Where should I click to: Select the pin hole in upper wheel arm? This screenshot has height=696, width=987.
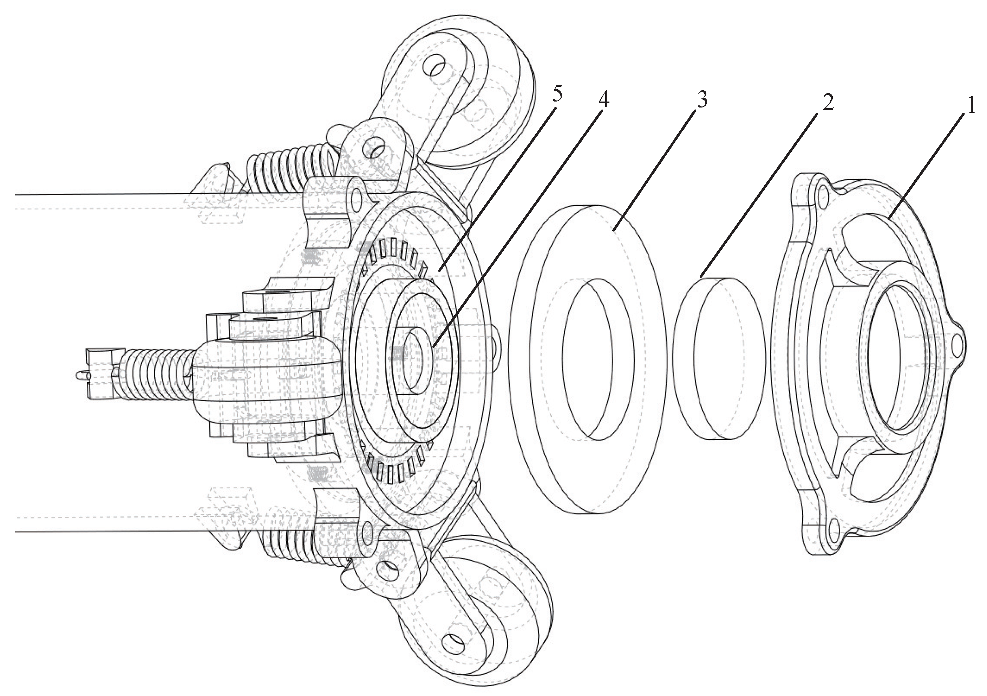point(436,68)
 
